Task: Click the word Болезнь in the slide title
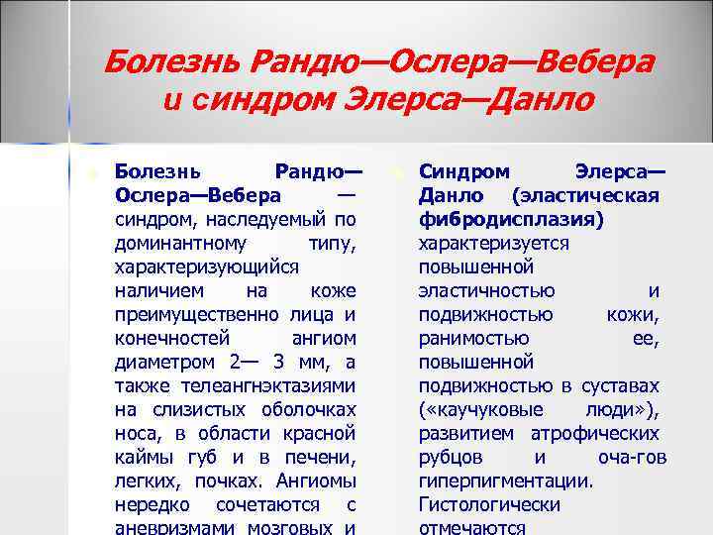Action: (x=163, y=63)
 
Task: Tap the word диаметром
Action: (x=160, y=363)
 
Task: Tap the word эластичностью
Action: (x=485, y=291)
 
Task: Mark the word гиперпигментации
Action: (x=505, y=481)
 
